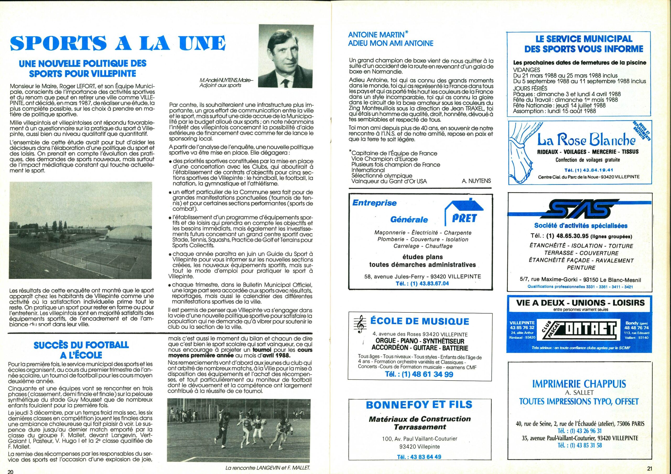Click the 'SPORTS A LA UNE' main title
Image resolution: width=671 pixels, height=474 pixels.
(x=118, y=43)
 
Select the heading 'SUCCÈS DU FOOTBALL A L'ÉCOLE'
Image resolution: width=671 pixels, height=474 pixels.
(x=81, y=350)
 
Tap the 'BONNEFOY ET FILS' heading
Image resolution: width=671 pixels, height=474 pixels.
(x=419, y=405)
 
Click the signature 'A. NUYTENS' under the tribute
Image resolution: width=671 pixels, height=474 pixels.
(x=476, y=181)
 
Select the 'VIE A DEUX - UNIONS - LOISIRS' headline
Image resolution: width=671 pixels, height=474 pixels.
(x=580, y=302)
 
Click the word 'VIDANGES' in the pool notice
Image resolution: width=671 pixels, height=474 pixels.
(x=527, y=70)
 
